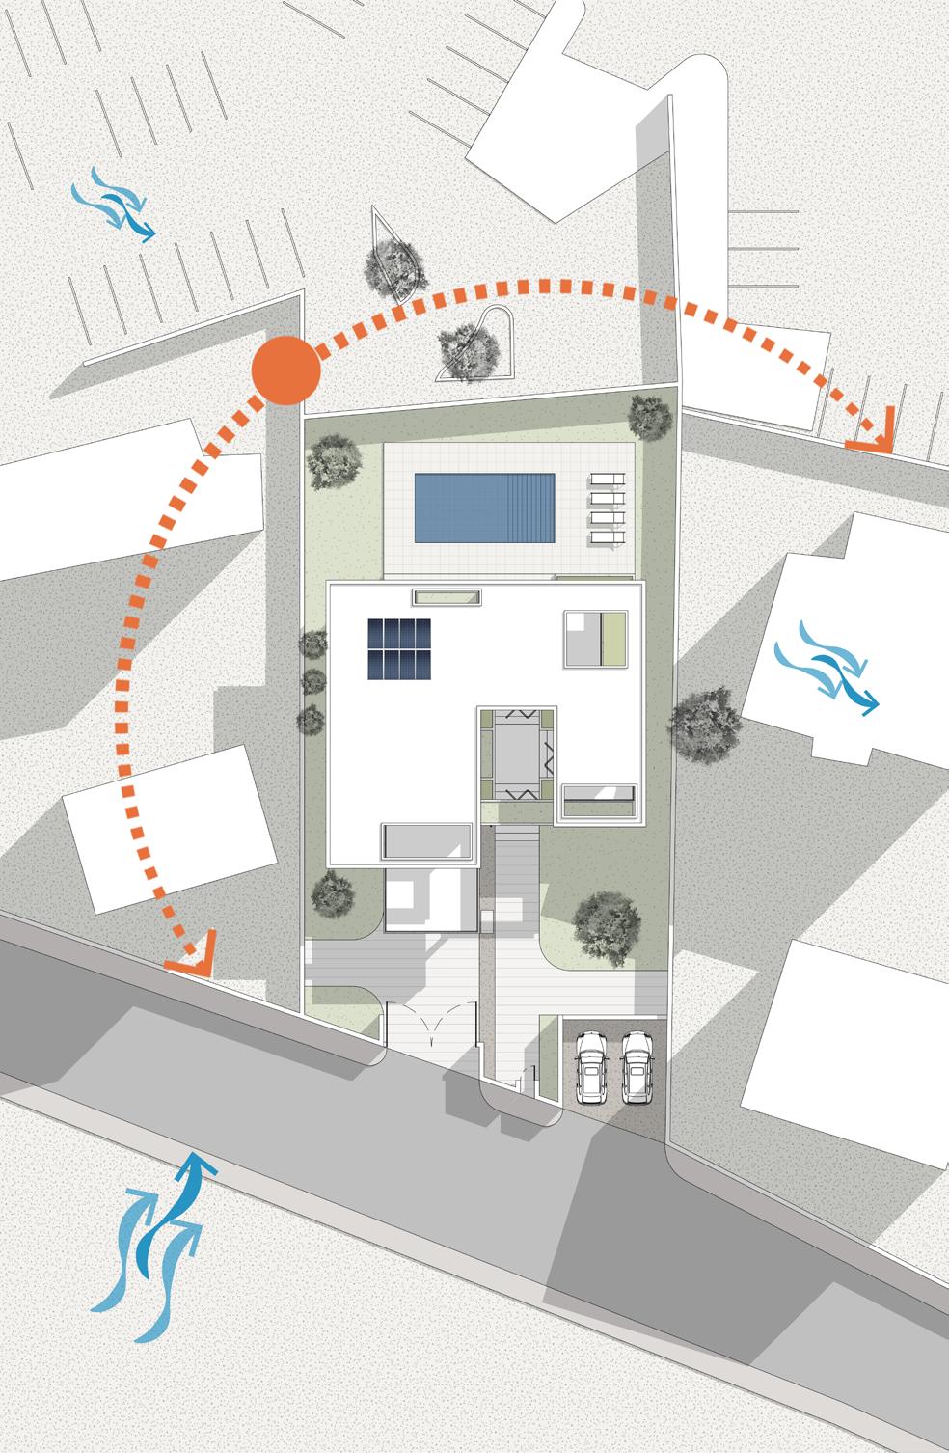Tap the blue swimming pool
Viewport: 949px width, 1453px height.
coord(484,507)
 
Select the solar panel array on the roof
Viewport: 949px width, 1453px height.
coord(398,648)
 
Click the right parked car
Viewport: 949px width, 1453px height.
coord(635,1068)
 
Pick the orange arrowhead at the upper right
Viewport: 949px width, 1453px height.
coord(872,431)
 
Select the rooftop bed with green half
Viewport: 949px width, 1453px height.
coord(598,638)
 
